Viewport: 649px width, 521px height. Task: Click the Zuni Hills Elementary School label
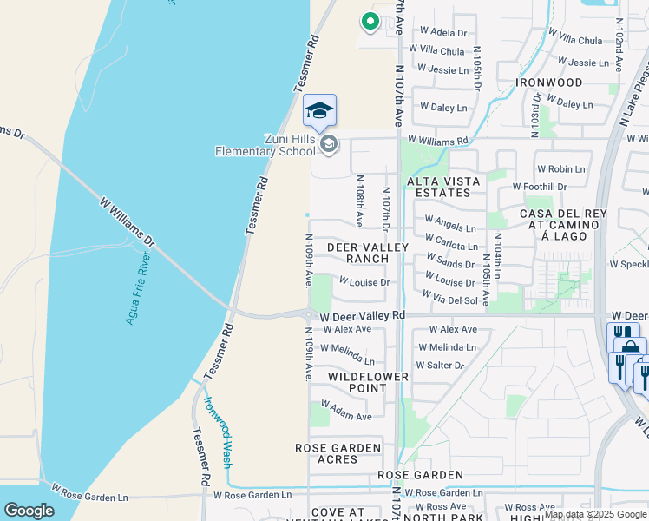265,145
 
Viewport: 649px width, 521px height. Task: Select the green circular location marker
370,22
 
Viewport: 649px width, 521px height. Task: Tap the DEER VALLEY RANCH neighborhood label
367,253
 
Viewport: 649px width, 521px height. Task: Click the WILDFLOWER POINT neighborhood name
368,382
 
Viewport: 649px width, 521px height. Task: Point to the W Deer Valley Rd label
362,315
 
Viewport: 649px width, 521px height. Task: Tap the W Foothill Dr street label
539,187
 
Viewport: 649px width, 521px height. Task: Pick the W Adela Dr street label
443,32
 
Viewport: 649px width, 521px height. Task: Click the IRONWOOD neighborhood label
549,82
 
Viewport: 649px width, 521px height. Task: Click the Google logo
29,511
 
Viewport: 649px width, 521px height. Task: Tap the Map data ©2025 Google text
595,514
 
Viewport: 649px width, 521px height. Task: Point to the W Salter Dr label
440,366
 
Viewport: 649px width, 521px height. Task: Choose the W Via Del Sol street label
449,300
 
